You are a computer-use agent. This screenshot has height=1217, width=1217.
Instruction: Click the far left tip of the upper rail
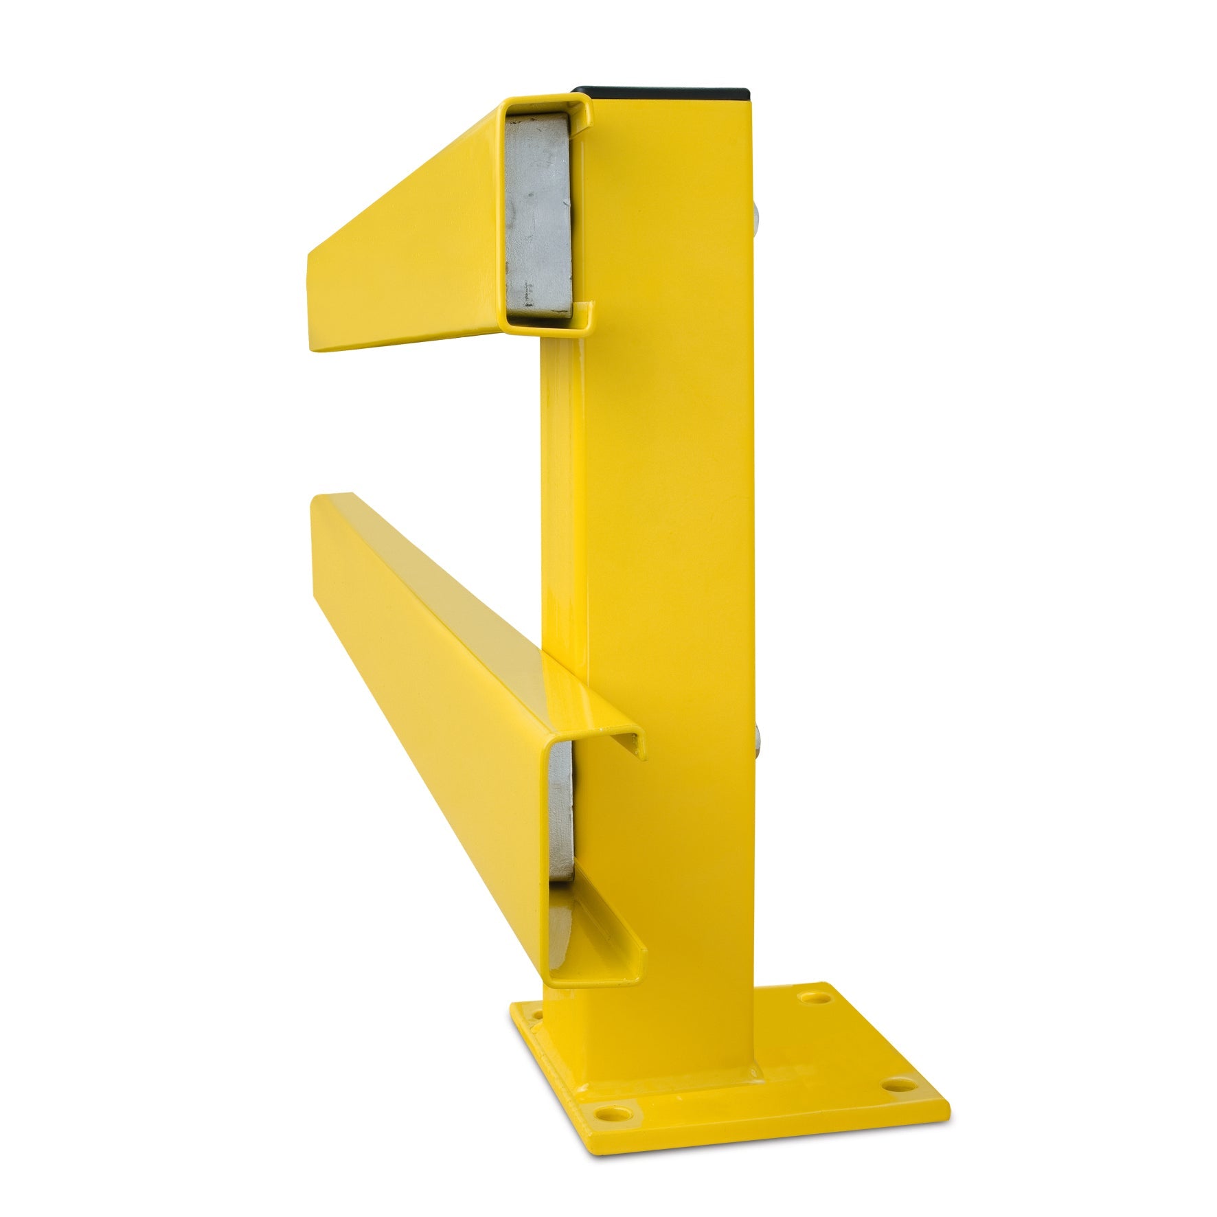click(x=310, y=302)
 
